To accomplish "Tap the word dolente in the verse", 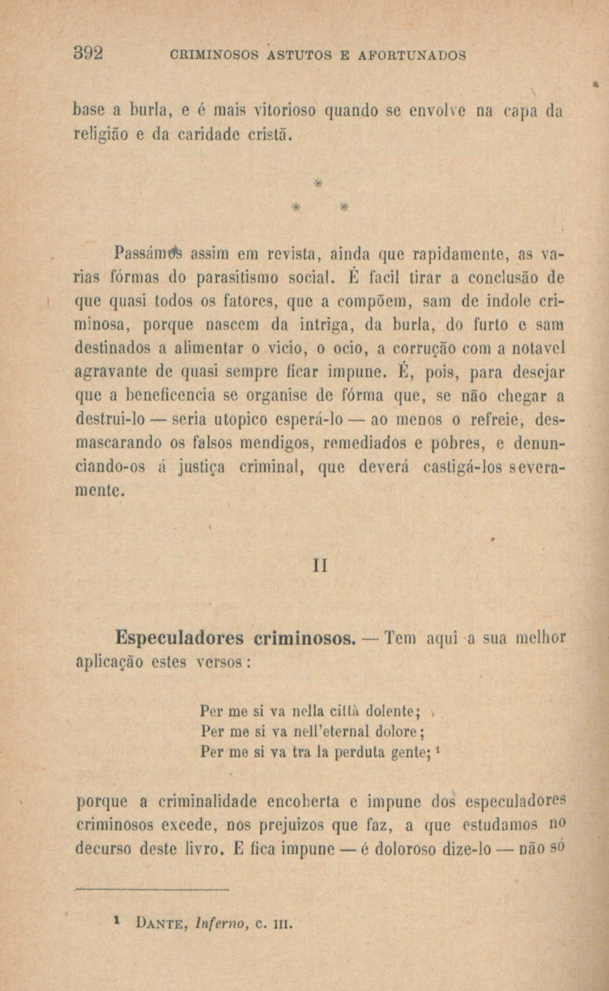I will pyautogui.click(x=393, y=712).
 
